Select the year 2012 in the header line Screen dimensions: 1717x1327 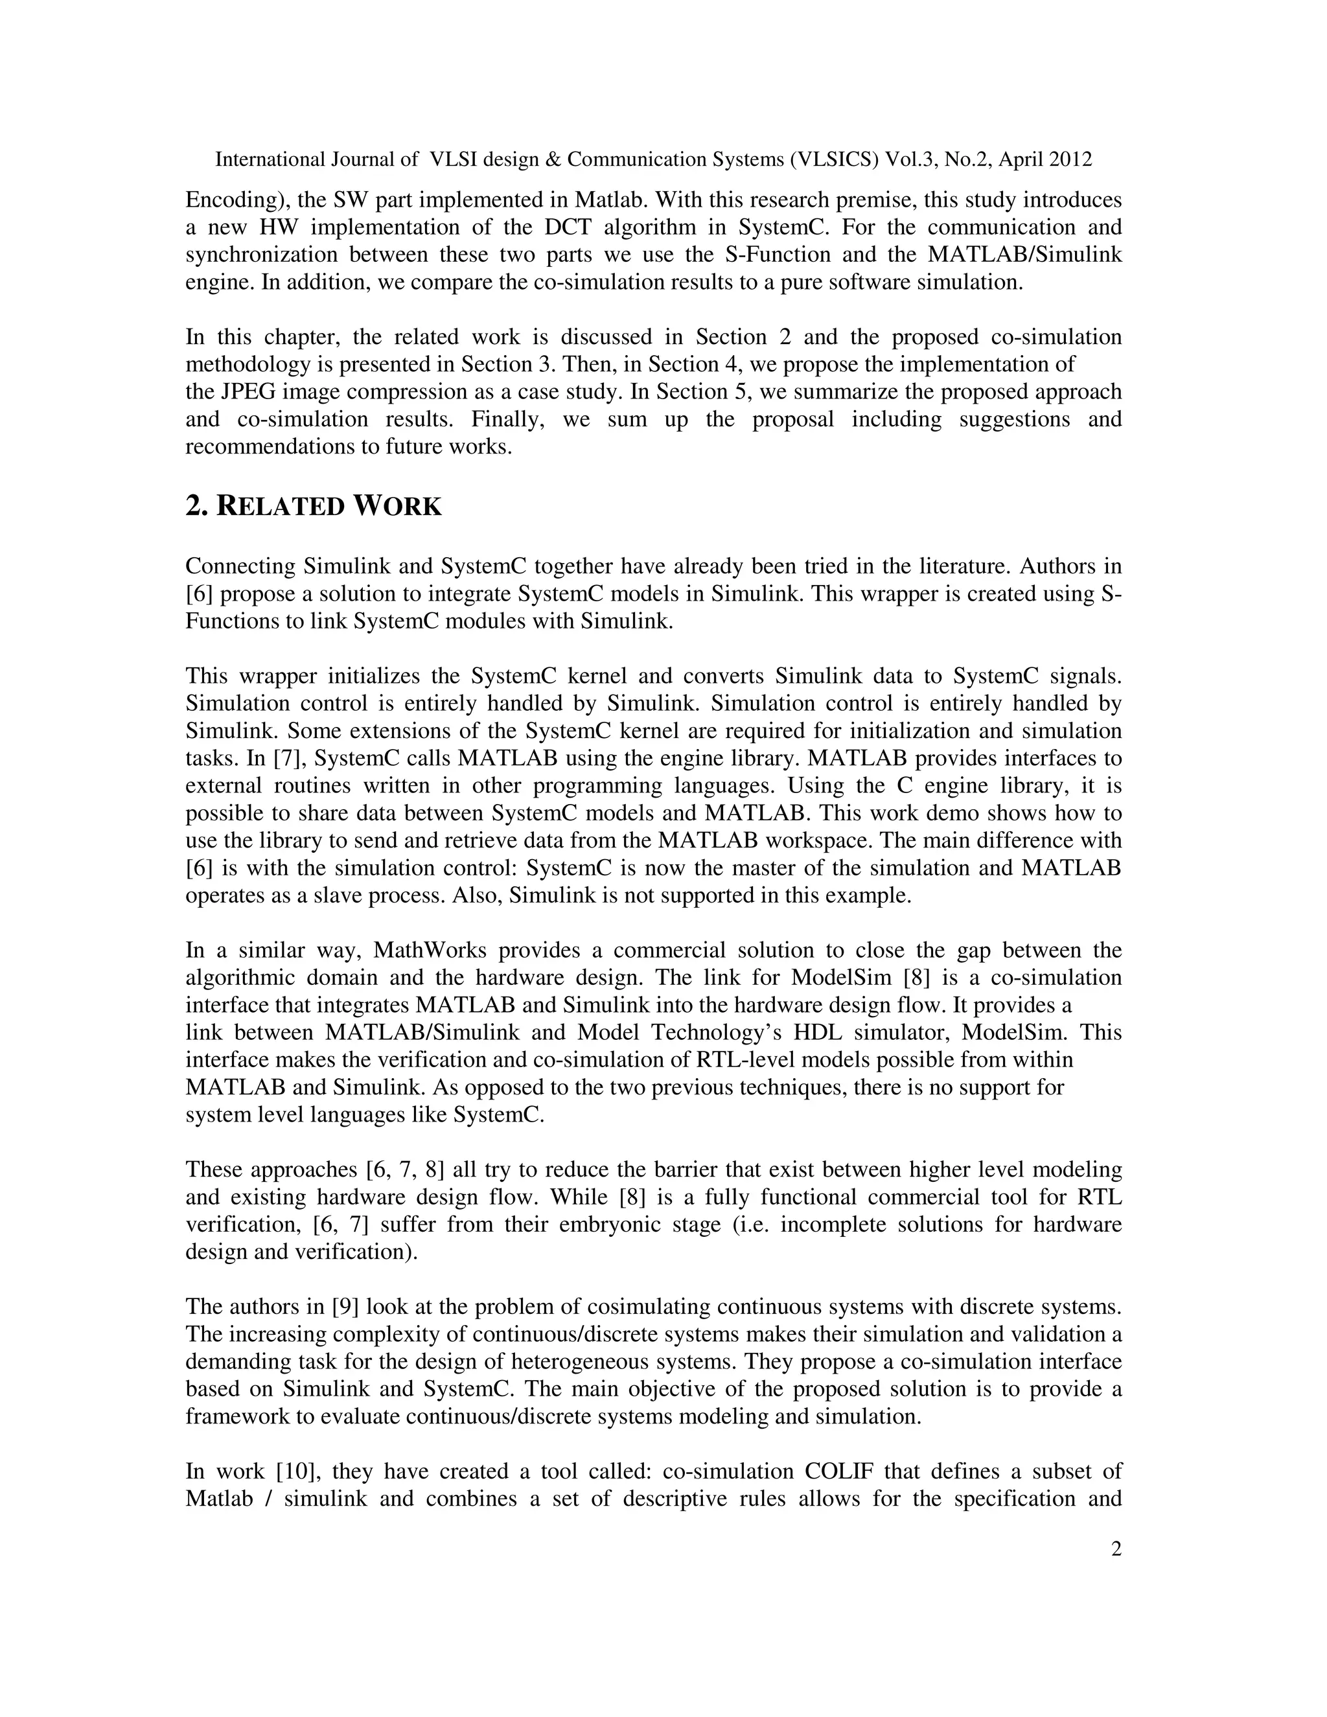(x=1067, y=159)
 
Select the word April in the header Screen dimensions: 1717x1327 (x=1017, y=159)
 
